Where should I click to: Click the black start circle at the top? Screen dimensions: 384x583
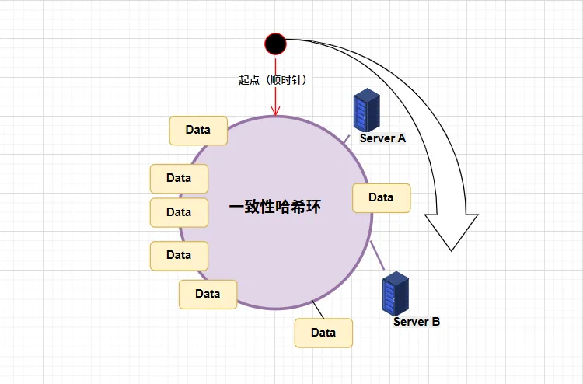click(x=275, y=44)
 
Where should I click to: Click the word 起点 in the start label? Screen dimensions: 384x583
click(x=249, y=80)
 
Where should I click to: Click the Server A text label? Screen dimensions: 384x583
click(x=382, y=138)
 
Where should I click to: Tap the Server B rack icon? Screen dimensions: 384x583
click(x=396, y=291)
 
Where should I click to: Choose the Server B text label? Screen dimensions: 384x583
click(x=417, y=321)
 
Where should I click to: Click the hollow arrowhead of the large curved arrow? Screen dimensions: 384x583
click(x=452, y=229)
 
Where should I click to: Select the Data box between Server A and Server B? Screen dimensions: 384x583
click(x=381, y=197)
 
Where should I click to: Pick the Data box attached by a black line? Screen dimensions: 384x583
click(x=323, y=333)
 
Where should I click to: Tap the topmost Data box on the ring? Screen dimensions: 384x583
click(x=198, y=130)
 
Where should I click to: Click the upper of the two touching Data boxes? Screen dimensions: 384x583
click(x=179, y=178)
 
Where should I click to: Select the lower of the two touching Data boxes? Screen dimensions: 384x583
click(x=179, y=212)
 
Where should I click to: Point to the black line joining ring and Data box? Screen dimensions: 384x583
click(x=318, y=309)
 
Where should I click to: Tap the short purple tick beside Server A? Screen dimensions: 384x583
click(x=347, y=139)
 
